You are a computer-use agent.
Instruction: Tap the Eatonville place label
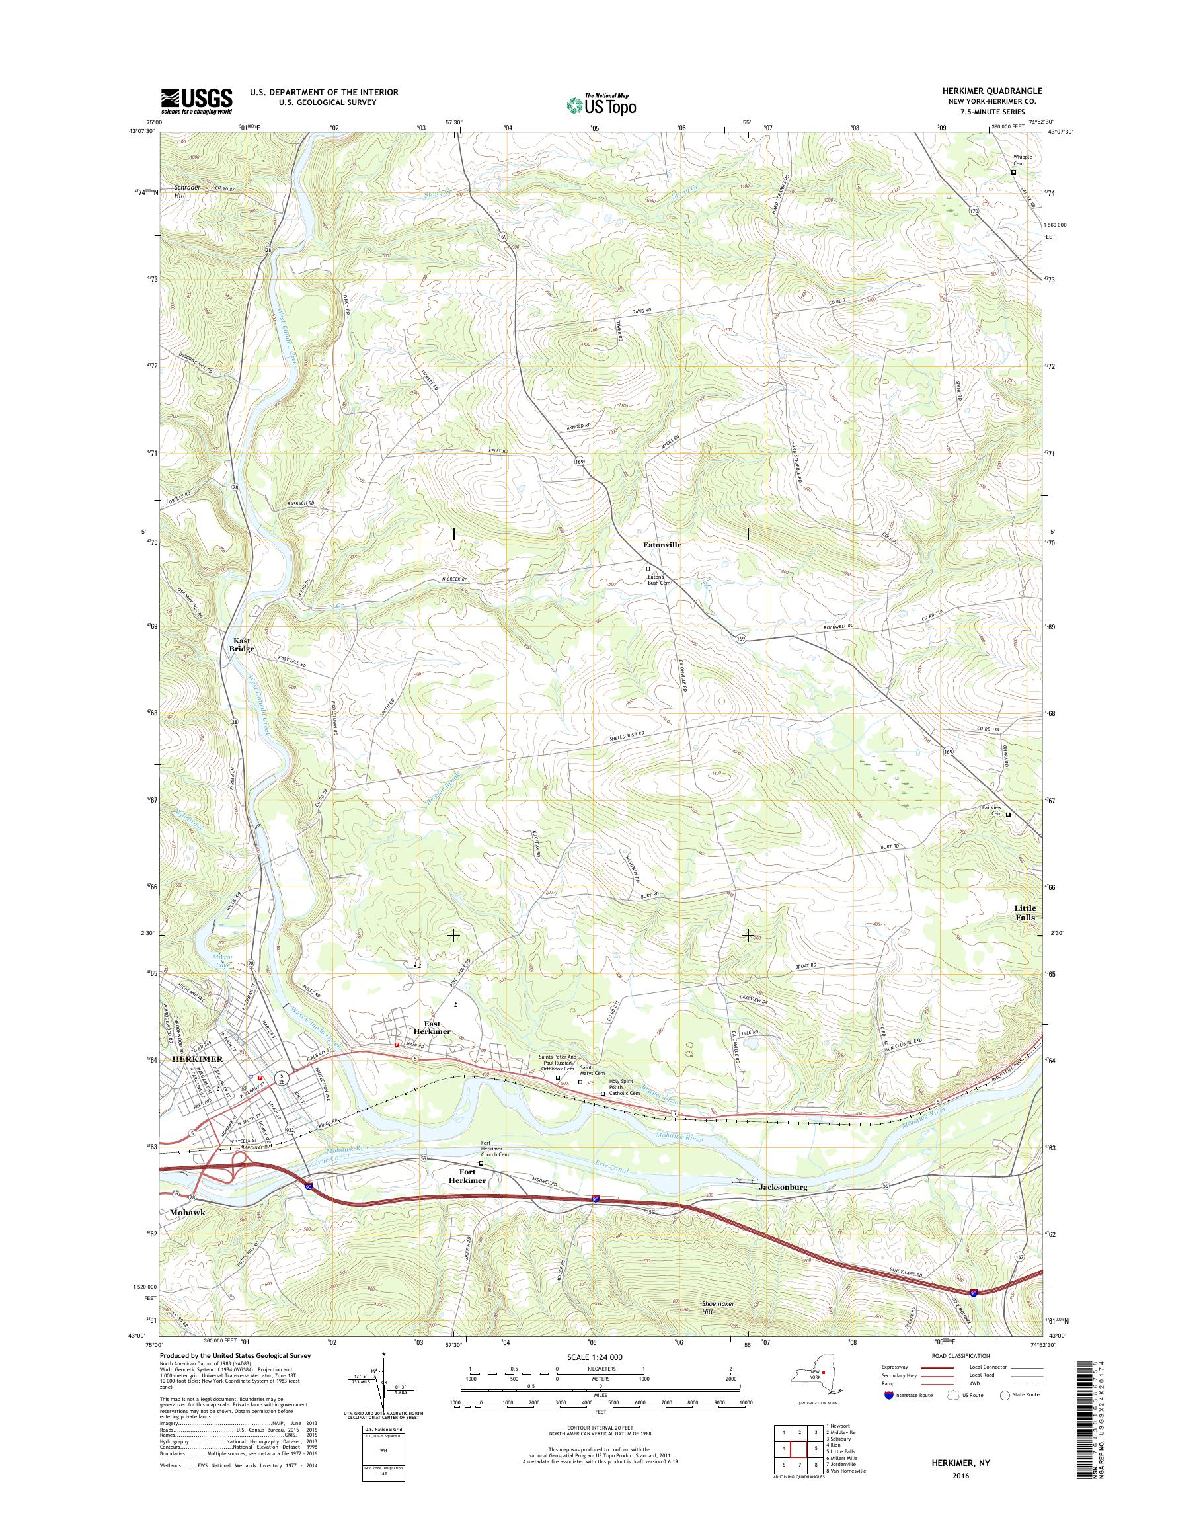[662, 545]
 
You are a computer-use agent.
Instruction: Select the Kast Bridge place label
[241, 645]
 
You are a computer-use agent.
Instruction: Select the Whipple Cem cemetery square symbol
[1013, 172]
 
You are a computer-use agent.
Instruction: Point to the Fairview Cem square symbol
[1008, 815]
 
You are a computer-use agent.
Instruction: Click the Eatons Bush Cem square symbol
[648, 569]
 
